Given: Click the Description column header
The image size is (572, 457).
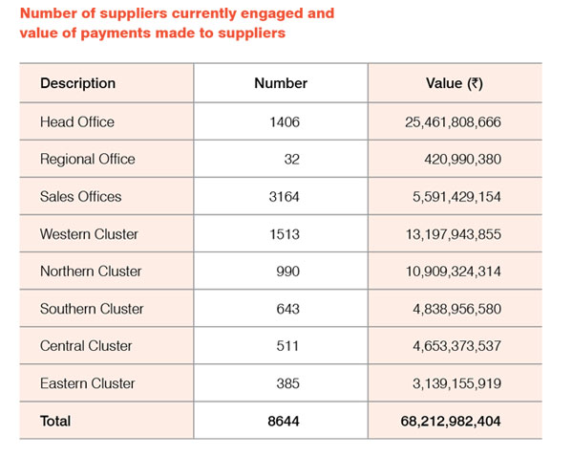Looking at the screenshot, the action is coord(77,83).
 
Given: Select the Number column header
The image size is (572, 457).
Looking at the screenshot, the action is coord(281,83).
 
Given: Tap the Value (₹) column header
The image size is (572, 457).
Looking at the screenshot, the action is coord(455,83).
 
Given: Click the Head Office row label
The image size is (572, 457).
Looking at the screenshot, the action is coord(77,122).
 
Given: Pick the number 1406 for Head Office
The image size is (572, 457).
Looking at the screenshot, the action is coord(285,122).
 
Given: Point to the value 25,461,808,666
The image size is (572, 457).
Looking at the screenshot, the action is coord(453,122).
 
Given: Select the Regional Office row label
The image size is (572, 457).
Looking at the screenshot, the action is coord(88,160).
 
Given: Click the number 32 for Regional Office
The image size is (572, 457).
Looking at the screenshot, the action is coord(292,160).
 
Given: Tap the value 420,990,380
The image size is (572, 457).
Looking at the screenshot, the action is coord(462,160).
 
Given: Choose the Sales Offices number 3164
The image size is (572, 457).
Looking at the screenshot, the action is coord(285,197).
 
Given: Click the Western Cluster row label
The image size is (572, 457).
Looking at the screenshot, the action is coord(89,234).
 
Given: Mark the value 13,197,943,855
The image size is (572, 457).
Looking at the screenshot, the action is coord(454,234).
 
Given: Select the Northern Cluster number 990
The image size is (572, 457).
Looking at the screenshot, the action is coord(287,272).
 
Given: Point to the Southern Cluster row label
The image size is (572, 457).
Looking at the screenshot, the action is coord(92,309).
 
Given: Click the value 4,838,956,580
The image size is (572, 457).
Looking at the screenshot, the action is coord(457,310).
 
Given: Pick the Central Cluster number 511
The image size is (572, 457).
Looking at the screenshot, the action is coord(287,346).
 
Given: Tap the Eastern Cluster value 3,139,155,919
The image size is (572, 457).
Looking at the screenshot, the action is coord(457,384).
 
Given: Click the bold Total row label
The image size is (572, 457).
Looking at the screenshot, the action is coord(55,422).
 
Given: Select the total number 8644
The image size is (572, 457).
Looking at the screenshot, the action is coord(284,422).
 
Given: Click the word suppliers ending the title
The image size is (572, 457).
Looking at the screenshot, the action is coord(252,33).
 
